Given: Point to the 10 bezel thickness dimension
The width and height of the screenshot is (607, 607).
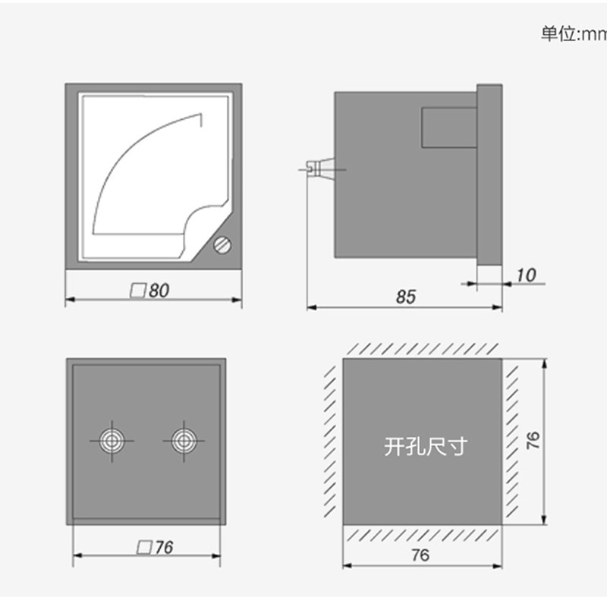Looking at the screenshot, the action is click(525, 275).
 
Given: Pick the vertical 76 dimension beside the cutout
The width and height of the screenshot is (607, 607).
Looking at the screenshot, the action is click(533, 441).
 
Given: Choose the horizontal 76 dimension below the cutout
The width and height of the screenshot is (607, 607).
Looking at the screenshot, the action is click(419, 555).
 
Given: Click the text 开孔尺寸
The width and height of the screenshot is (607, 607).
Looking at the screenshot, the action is click(425, 446).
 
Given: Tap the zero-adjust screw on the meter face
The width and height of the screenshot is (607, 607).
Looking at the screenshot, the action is click(223, 246).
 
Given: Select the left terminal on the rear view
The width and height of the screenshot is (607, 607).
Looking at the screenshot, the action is click(112, 441).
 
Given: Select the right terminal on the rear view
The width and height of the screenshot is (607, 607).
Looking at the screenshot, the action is click(182, 441).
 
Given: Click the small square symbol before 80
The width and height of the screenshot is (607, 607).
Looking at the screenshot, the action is click(137, 291).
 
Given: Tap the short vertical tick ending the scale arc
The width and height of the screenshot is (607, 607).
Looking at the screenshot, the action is click(201, 120).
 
